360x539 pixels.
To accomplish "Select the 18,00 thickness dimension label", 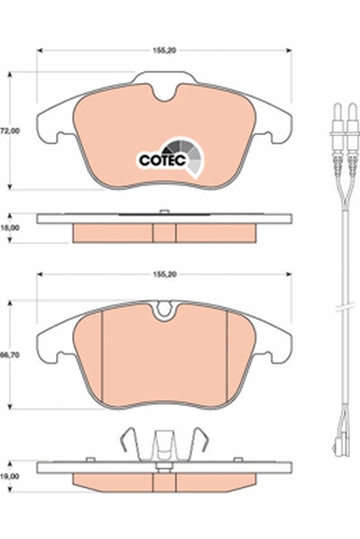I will pyautogui.click(x=9, y=228).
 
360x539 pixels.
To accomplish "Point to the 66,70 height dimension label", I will pyautogui.click(x=9, y=354).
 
